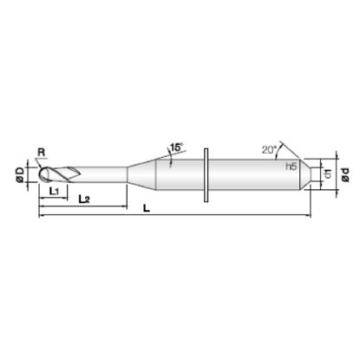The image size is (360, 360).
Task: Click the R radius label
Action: (42, 153)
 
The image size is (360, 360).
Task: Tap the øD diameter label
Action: (21, 175)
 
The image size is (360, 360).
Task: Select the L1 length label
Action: (54, 191)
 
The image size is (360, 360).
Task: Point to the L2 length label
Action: (84, 199)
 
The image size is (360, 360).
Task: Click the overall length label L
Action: (147, 208)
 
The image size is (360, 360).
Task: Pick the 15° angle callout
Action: (177, 147)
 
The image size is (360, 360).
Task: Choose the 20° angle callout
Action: (270, 149)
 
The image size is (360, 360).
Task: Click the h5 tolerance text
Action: (291, 167)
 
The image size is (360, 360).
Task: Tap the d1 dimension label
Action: (328, 174)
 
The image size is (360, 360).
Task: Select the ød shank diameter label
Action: (345, 174)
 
